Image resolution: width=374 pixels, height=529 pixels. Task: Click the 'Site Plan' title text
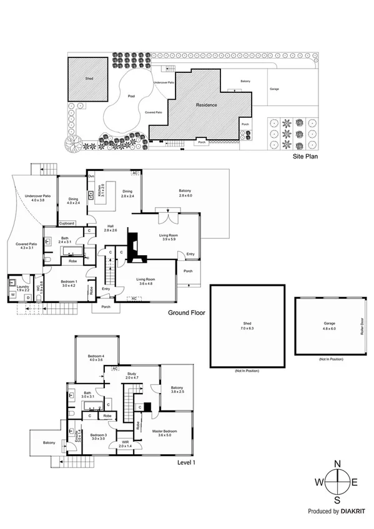(306, 157)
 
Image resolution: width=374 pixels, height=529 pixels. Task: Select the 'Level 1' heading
(187, 462)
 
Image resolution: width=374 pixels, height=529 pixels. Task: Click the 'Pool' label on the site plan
(130, 97)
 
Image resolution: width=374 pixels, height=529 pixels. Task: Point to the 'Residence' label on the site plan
(207, 105)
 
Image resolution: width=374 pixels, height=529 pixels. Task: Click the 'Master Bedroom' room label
(165, 431)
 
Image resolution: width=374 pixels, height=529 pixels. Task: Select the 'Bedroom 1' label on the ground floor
(68, 282)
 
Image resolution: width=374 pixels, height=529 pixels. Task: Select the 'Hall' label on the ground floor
(110, 226)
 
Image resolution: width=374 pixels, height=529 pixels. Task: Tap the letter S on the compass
(338, 500)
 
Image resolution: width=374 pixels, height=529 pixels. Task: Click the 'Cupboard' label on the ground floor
(67, 223)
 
